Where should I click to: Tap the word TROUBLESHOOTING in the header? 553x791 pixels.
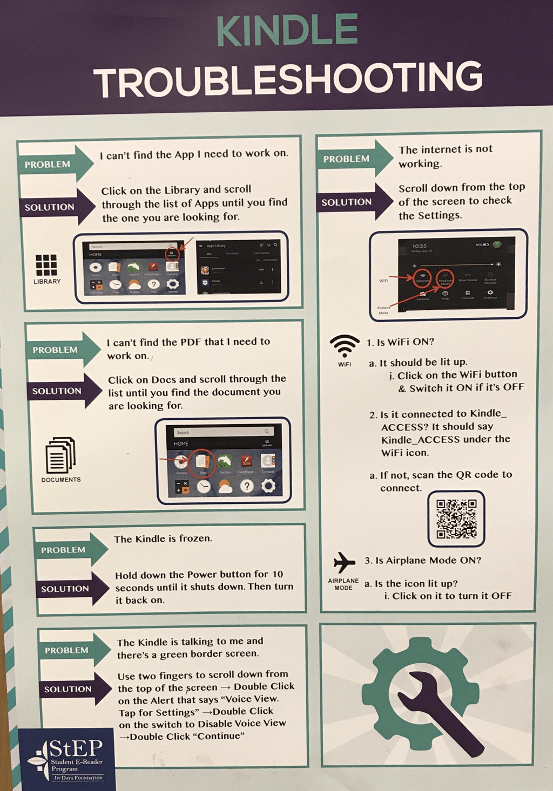click(288, 79)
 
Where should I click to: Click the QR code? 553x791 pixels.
click(456, 519)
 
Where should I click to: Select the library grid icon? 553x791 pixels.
click(46, 265)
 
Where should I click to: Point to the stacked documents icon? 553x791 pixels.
click(60, 455)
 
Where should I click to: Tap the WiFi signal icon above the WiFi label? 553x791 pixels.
click(345, 346)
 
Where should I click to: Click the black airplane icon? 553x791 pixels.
click(344, 562)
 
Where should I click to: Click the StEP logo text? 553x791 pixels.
click(76, 749)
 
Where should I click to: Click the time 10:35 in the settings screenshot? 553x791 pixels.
click(420, 246)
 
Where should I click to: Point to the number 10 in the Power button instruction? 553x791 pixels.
click(278, 574)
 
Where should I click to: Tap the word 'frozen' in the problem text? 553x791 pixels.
click(195, 538)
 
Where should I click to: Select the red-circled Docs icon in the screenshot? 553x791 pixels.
click(203, 462)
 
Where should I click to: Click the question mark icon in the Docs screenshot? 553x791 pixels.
click(247, 486)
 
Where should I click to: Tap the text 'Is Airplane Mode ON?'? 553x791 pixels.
click(428, 561)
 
